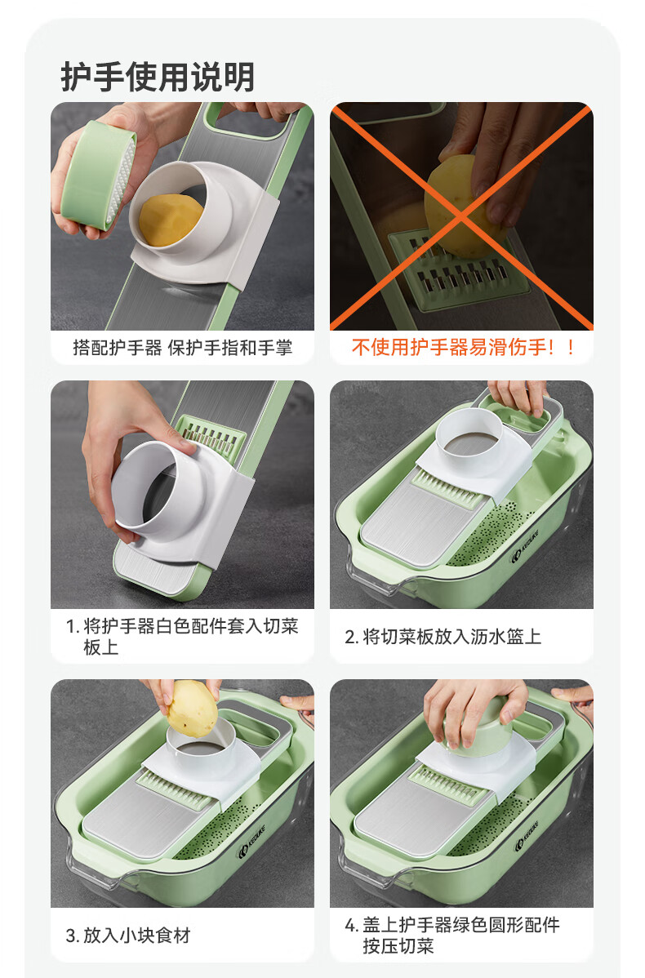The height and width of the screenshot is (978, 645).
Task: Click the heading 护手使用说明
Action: [x=158, y=77]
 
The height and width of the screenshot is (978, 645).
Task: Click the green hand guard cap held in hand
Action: [x=98, y=175]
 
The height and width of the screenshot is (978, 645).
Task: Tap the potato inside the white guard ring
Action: [x=170, y=220]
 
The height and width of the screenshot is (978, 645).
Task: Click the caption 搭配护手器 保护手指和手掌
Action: [x=182, y=348]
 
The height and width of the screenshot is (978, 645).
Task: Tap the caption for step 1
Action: [x=182, y=636]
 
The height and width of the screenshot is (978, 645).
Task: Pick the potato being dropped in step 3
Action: [x=193, y=709]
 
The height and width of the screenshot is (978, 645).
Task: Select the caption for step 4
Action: [x=452, y=935]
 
